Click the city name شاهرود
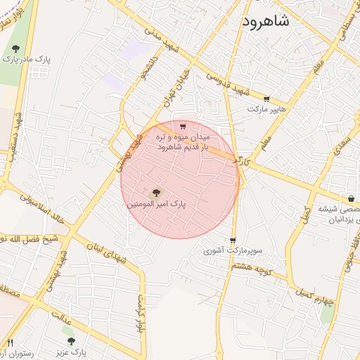pos(266,21)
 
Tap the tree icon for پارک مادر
pos(15,49)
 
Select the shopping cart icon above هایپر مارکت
pos(266,99)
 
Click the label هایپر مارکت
pos(266,110)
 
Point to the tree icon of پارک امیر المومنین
pos(156,192)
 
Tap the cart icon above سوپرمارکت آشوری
pos(233,240)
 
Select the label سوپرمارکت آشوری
pos(233,250)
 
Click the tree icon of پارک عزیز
pos(70,341)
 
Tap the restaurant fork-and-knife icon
pos(10,342)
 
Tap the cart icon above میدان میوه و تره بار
pos(183,127)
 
